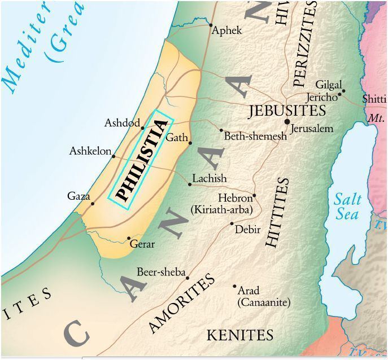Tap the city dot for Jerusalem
pyautogui.click(x=287, y=122)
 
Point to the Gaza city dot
pyautogui.click(x=93, y=203)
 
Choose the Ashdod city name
pyautogui.click(x=121, y=123)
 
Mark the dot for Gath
pyautogui.click(x=190, y=143)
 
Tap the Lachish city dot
pyautogui.click(x=190, y=184)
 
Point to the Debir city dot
pyautogui.click(x=232, y=223)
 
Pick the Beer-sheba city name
pyautogui.click(x=161, y=273)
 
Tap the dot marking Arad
pyautogui.click(x=235, y=286)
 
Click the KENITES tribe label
pyautogui.click(x=240, y=335)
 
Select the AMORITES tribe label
pyautogui.click(x=182, y=304)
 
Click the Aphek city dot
pyautogui.click(x=211, y=25)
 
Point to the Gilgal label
pyautogui.click(x=329, y=85)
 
